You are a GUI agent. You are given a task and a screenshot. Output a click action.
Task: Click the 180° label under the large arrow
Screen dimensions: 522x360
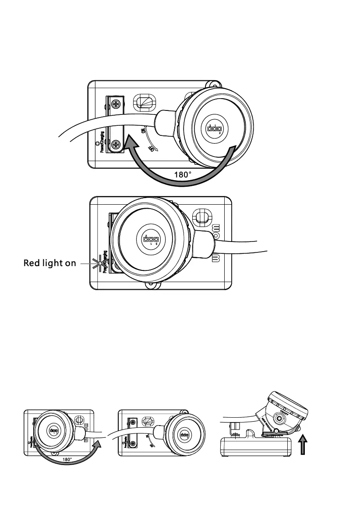click(x=183, y=174)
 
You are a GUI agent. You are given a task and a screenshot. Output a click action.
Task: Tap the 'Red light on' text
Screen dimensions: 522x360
click(x=50, y=263)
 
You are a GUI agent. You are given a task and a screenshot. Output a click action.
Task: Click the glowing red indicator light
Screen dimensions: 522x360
click(x=100, y=263)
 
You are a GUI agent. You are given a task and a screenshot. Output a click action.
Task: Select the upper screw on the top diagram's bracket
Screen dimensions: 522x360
click(x=116, y=104)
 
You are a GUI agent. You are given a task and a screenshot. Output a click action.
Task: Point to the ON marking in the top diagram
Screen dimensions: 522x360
click(x=143, y=131)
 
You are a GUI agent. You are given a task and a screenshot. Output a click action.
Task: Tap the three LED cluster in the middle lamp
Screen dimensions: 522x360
click(x=150, y=240)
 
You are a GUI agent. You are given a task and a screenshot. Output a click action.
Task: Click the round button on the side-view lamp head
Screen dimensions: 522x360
click(x=279, y=419)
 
